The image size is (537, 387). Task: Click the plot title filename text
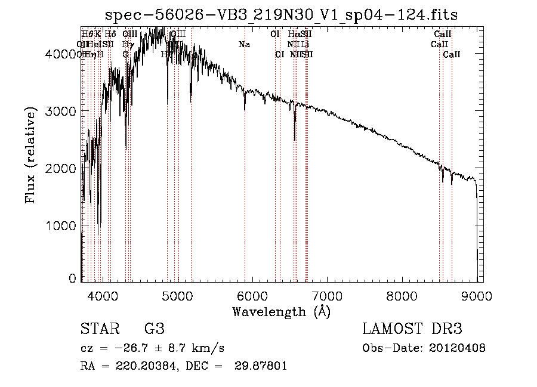[x=280, y=14]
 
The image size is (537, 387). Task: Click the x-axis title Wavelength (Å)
[x=281, y=311]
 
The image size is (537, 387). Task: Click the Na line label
[x=244, y=45]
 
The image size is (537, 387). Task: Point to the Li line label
[x=305, y=45]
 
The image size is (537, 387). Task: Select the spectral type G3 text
[x=154, y=329]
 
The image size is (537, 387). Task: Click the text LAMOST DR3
[x=412, y=329]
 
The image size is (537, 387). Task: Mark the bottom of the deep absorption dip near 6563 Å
[x=295, y=140]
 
